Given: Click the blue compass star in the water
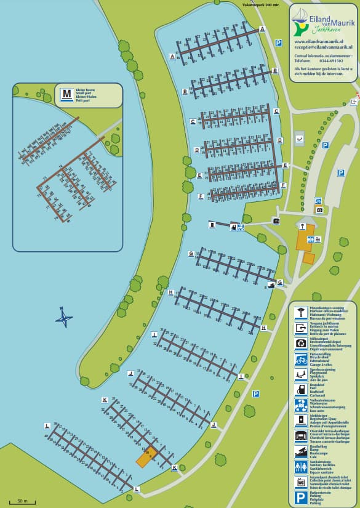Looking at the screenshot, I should [63, 318].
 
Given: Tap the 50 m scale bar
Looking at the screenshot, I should [22, 502].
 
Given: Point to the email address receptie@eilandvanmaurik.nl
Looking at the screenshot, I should [323, 47].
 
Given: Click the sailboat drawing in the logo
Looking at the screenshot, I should [300, 17].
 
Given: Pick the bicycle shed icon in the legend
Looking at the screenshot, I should [300, 359].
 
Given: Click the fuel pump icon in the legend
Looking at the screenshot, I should [300, 390].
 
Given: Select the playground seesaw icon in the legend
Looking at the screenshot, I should [300, 374].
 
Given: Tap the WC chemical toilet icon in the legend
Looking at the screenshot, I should [300, 482].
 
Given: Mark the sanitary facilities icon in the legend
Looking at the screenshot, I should [300, 467].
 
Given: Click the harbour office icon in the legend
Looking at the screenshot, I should [300, 312].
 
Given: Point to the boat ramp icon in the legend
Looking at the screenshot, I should [300, 451].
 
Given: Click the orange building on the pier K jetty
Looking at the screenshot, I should [146, 458].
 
